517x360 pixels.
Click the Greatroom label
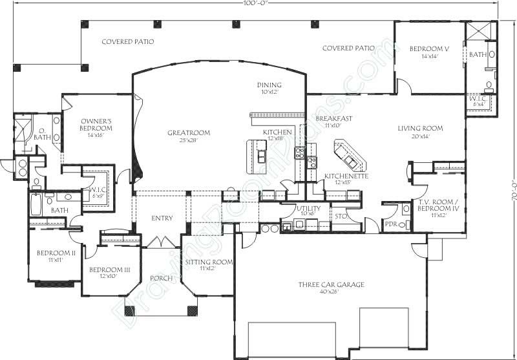(x=189, y=133)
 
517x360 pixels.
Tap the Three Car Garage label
(x=331, y=284)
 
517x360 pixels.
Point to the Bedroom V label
(x=429, y=49)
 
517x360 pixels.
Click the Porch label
(x=161, y=279)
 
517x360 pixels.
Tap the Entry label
(x=162, y=218)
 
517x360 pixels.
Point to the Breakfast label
(x=333, y=119)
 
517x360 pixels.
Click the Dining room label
(x=269, y=85)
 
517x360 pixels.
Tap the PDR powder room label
(x=390, y=224)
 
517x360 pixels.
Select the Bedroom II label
(x=52, y=253)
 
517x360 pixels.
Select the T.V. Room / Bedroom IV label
(x=437, y=208)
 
